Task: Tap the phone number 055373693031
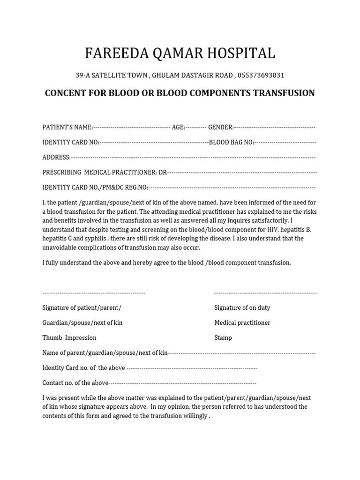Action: pyautogui.click(x=261, y=75)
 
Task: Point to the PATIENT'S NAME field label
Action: pyautogui.click(x=67, y=127)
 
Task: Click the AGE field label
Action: pyautogui.click(x=178, y=127)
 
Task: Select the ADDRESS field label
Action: pyautogui.click(x=56, y=157)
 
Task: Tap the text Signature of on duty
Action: pyautogui.click(x=242, y=308)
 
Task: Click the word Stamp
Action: pyautogui.click(x=223, y=338)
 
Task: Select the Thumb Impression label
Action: pyautogui.click(x=69, y=338)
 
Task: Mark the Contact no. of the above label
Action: pyautogui.click(x=75, y=383)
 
